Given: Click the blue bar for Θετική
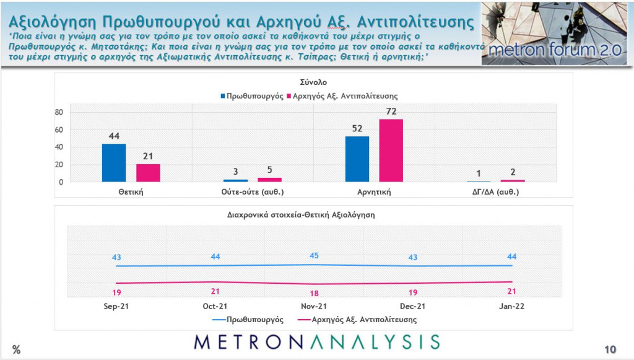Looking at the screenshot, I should [x=114, y=163].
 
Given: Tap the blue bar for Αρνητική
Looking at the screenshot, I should [x=357, y=159].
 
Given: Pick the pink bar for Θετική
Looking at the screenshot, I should [x=149, y=173].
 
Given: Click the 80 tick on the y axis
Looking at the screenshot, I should [x=59, y=112].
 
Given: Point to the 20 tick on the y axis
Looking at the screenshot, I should [x=59, y=165].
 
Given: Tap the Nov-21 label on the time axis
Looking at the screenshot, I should [x=314, y=306].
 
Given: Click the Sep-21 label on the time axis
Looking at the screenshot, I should [x=117, y=306].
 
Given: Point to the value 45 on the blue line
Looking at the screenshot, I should [x=314, y=255].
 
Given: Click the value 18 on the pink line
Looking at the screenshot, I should [x=314, y=293].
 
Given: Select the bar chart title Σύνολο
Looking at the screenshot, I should [x=314, y=82].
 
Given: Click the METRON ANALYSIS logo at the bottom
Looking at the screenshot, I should [x=316, y=341].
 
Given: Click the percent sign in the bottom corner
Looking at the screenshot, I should [x=16, y=350].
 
